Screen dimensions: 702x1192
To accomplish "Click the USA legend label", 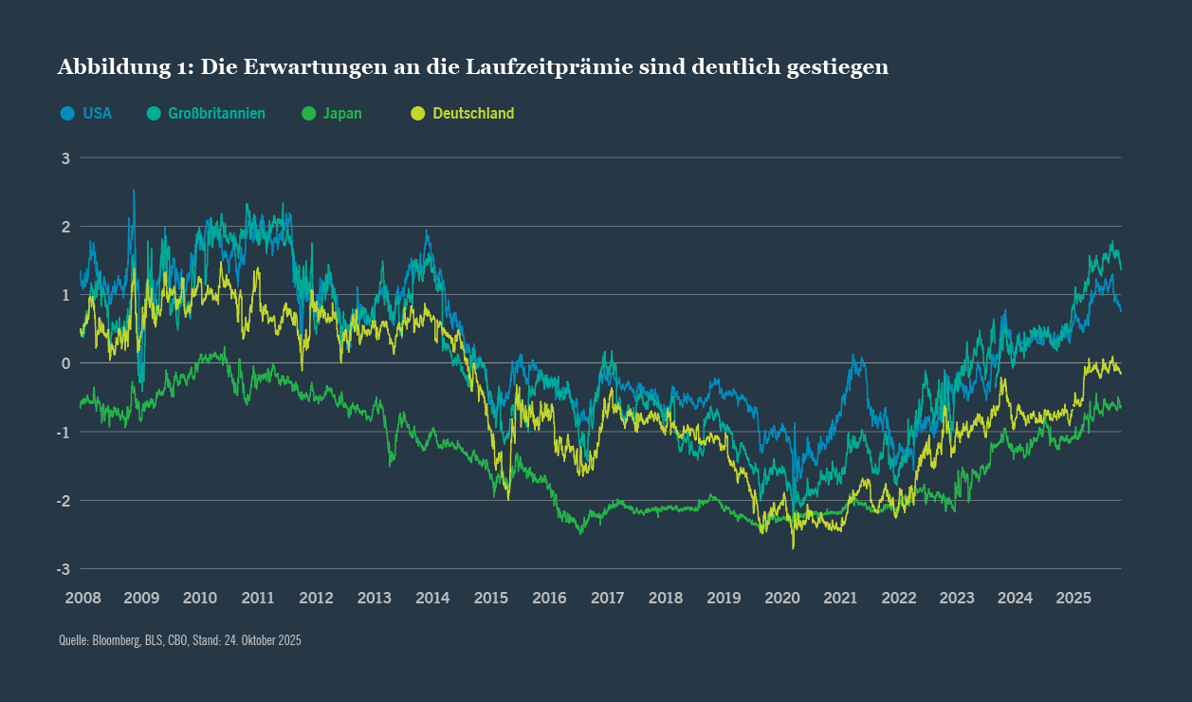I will [97, 114].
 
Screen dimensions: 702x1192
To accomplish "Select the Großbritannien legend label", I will [216, 114].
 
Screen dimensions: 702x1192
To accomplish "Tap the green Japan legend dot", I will [308, 114].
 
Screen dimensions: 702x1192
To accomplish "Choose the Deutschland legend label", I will [473, 114].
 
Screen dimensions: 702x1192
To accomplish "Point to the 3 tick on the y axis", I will [66, 158].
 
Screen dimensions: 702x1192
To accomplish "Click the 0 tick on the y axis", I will [66, 363].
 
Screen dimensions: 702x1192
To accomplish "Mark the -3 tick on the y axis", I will [64, 569].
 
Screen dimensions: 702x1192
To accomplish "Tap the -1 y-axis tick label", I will [64, 433].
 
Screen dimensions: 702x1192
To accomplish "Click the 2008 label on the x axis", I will [83, 599].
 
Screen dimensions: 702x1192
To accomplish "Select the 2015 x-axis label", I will [490, 599].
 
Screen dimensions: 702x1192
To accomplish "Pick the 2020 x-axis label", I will [782, 599].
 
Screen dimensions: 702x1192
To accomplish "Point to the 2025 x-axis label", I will [1073, 599].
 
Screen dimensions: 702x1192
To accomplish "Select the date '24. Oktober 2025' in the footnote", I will [263, 641].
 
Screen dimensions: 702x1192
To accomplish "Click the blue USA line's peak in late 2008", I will [134, 191].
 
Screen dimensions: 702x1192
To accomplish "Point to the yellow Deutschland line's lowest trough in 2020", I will [793, 547].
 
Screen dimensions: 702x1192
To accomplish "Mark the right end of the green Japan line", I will [1120, 407].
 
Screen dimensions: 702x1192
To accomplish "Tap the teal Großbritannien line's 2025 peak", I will [1111, 242].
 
